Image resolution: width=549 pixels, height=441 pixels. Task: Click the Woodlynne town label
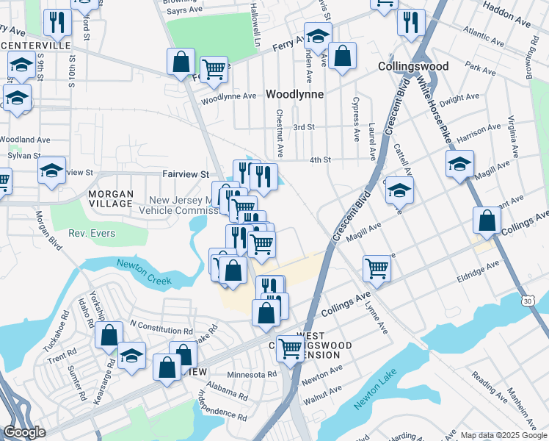click(x=295, y=94)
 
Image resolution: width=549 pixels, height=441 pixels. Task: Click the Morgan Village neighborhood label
click(x=111, y=199)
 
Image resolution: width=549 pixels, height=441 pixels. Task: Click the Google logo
click(x=24, y=432)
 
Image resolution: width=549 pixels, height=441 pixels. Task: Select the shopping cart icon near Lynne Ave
click(x=377, y=268)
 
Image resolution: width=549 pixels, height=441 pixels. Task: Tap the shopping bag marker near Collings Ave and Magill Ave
click(x=487, y=220)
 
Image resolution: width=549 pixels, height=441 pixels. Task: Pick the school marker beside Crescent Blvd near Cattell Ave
click(x=399, y=190)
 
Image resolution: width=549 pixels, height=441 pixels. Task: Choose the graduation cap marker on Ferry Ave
click(x=318, y=35)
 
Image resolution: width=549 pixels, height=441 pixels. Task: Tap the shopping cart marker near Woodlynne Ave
click(x=214, y=69)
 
